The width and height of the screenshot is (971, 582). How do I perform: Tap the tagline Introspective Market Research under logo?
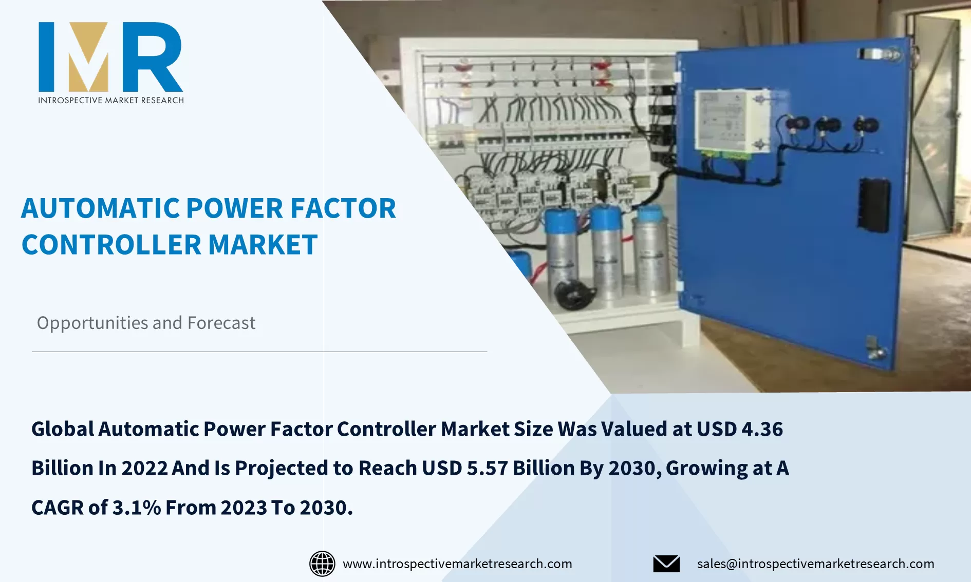tap(110, 100)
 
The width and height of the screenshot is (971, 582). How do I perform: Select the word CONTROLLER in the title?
tap(111, 245)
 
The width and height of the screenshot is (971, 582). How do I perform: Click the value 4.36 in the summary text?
tap(762, 429)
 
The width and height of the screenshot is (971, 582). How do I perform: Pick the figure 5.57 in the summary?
tap(487, 468)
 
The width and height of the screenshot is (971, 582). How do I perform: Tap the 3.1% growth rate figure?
tap(136, 508)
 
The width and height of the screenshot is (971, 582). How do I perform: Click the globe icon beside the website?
tap(322, 564)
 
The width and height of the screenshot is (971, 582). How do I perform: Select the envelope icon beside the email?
tap(666, 564)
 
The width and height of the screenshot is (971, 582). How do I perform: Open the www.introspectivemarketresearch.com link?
tap(457, 564)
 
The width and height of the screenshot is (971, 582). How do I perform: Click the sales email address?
tap(815, 564)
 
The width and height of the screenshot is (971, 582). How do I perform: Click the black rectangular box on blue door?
tap(874, 205)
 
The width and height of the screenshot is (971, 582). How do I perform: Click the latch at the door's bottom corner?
tap(874, 348)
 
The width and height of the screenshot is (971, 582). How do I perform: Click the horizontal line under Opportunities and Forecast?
tap(259, 352)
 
